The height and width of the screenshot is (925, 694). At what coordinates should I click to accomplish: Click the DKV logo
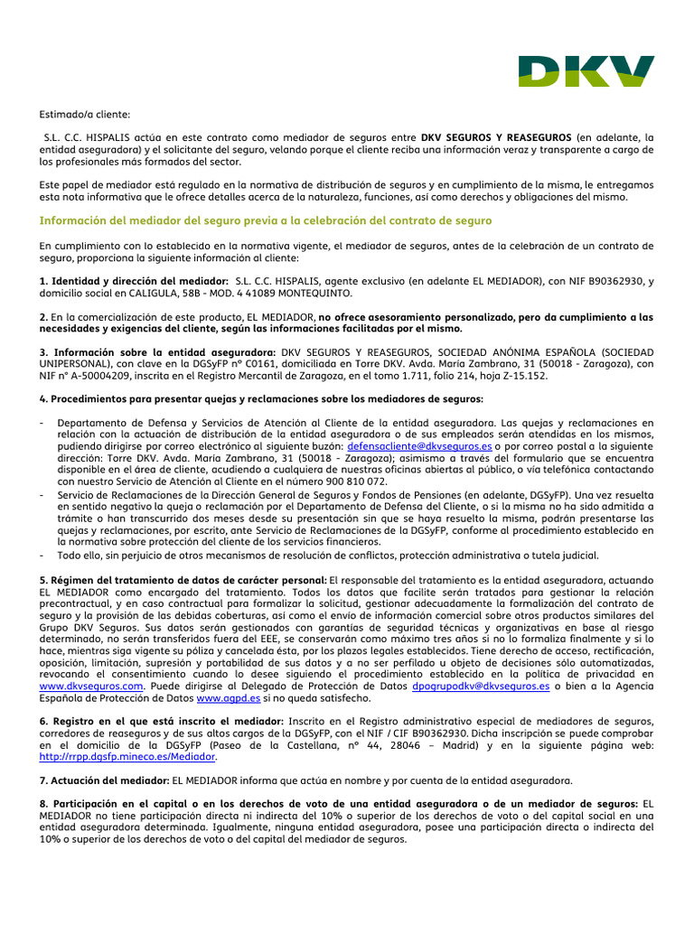point(586,70)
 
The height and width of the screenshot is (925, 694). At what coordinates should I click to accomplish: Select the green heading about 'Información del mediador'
point(266,220)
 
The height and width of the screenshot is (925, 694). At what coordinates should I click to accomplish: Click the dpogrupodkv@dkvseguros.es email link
point(480,687)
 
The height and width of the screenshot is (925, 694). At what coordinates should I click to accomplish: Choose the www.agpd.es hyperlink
point(229,698)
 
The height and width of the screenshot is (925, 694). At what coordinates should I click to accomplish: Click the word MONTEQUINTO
point(309,294)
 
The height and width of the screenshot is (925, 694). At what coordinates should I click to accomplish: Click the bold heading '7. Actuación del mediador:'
point(105,780)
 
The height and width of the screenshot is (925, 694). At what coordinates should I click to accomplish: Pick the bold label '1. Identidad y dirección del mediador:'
point(134,282)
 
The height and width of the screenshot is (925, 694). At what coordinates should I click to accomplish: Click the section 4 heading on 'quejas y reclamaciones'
point(261,399)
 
